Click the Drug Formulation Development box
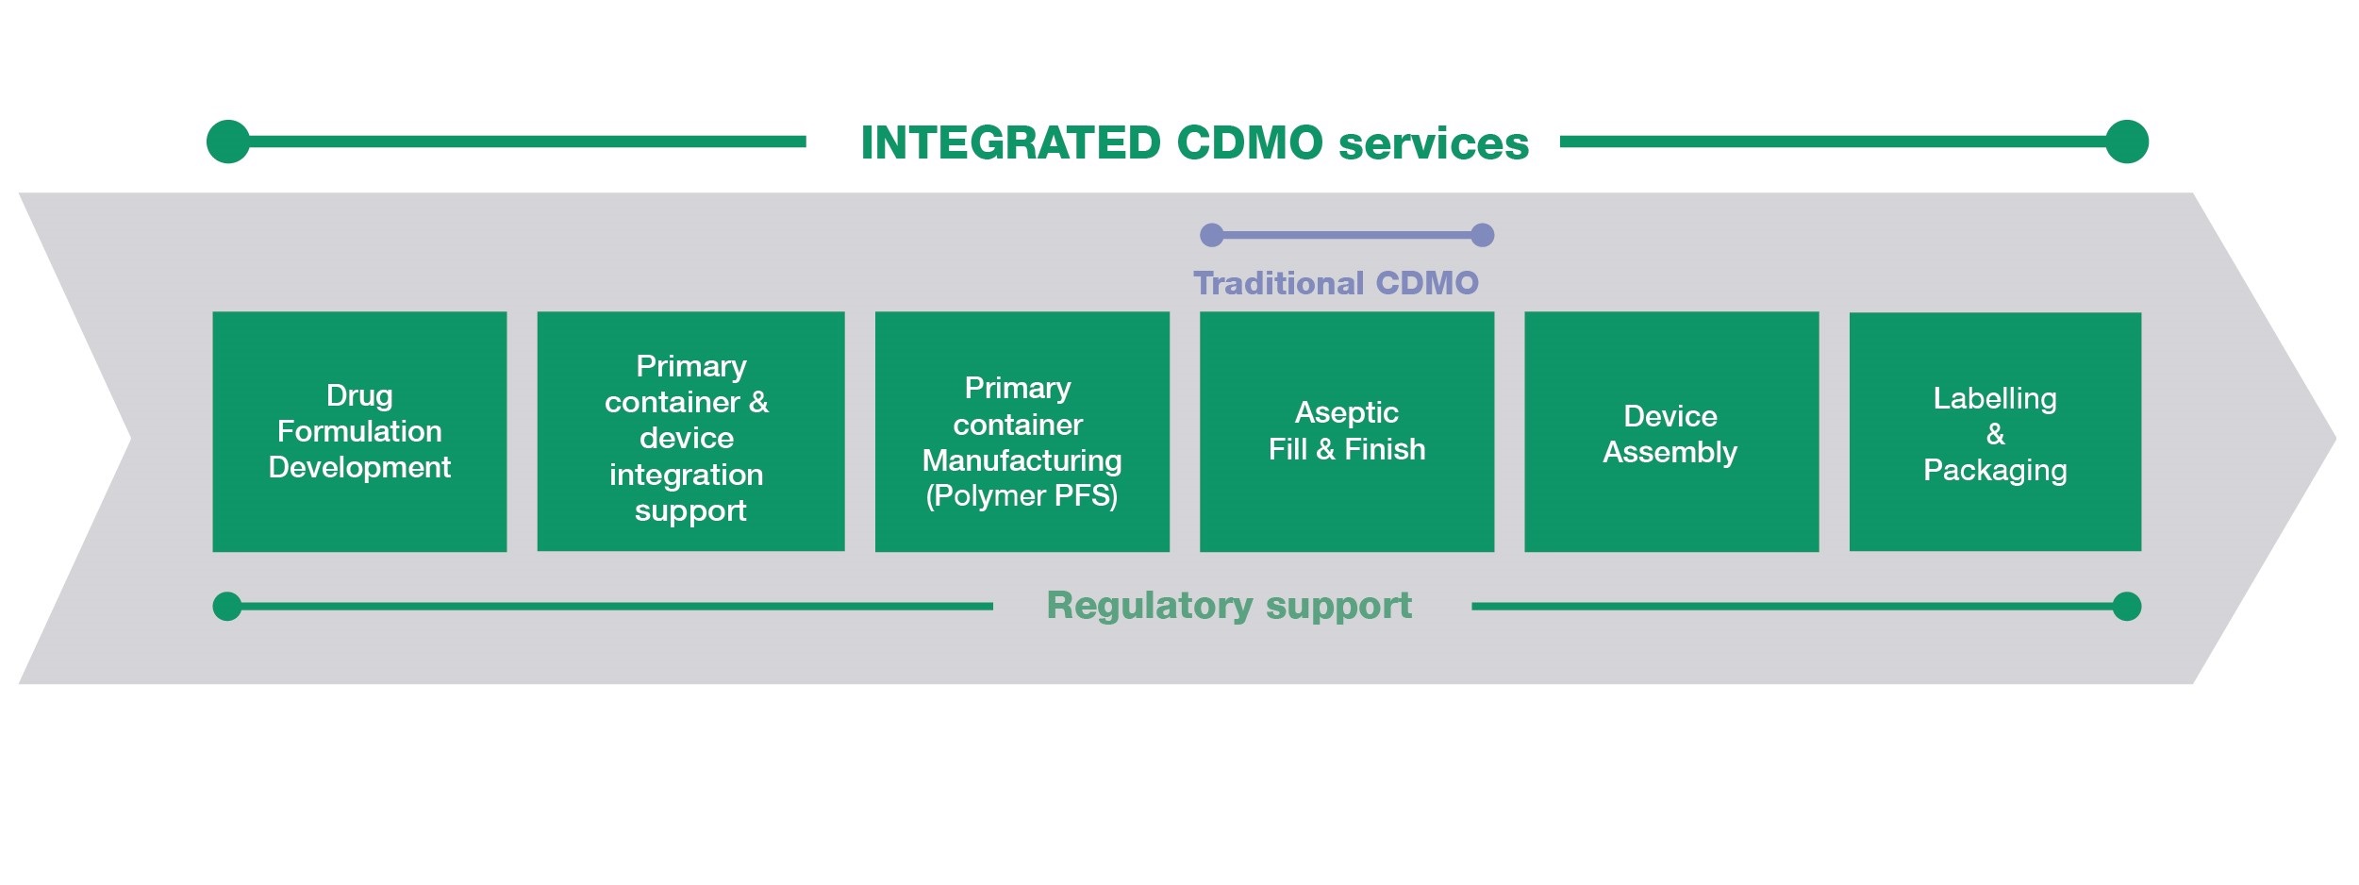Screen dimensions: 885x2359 359,431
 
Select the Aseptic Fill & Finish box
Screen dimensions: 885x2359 1346,431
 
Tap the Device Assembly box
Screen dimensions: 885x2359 1670,431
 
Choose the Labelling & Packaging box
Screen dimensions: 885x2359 1994,431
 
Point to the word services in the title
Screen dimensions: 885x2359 1433,143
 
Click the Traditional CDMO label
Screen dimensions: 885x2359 1336,283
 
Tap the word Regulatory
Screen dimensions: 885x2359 1149,606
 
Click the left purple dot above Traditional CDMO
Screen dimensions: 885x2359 1212,235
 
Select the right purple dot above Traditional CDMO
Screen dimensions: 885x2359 1482,235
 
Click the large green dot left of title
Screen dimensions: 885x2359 228,142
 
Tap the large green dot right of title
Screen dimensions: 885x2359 2127,142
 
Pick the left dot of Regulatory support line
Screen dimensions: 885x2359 227,606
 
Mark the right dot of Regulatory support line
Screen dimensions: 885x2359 2126,606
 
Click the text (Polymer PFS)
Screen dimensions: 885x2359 1022,495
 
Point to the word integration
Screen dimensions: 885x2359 686,475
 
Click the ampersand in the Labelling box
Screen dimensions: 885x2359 1995,434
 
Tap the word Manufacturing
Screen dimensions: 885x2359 1022,460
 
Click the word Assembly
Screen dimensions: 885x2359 1670,452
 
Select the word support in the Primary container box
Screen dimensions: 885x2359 689,510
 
